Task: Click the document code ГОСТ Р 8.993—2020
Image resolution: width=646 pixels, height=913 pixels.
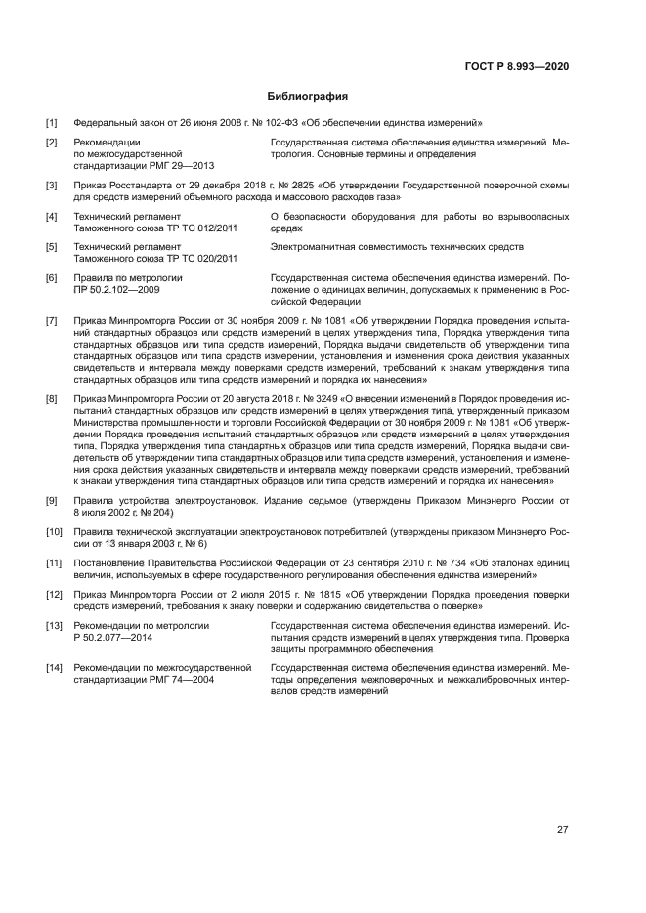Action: coord(517,66)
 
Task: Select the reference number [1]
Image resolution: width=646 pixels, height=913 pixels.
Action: coord(52,123)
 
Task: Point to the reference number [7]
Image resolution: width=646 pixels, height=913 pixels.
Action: coord(52,320)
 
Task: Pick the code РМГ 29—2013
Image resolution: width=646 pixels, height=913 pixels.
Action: coord(189,166)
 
